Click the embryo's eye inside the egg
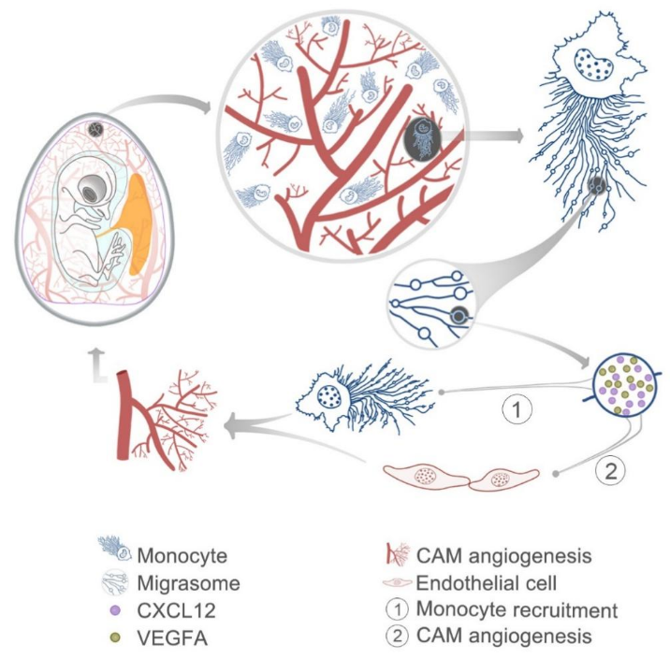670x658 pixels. (x=90, y=191)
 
